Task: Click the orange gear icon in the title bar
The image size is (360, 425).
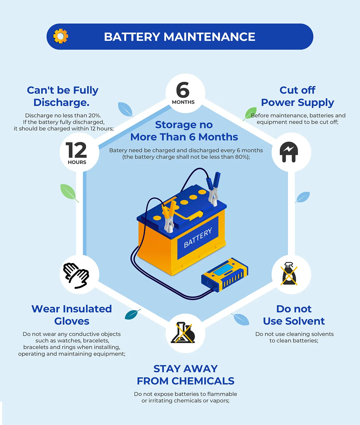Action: [x=61, y=36]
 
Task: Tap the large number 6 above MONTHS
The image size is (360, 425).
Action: [x=183, y=90]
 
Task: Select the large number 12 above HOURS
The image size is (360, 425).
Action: [x=76, y=150]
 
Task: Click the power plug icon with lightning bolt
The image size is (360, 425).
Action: [x=289, y=152]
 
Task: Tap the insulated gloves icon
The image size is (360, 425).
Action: [x=76, y=275]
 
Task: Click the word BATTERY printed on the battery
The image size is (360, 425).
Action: [x=198, y=237]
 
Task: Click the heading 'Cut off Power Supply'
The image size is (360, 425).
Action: [x=297, y=96]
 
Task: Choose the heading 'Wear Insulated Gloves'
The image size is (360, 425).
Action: [x=72, y=315]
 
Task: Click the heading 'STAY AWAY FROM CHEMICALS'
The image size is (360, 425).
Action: [x=185, y=375]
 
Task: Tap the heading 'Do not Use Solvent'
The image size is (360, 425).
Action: [x=294, y=315]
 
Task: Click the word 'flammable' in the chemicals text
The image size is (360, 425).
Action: [x=222, y=394]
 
